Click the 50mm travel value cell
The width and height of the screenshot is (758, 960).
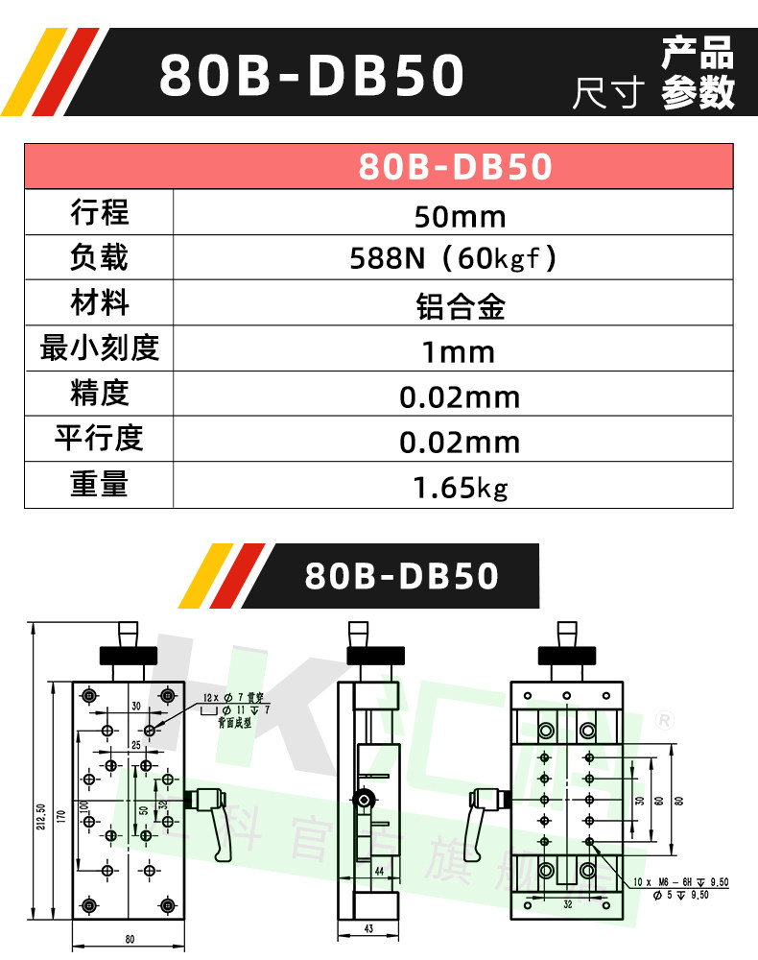coord(460,215)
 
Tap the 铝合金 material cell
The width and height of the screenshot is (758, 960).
coord(460,305)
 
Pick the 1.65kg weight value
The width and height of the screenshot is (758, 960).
coord(460,488)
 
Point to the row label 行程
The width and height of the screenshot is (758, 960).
coord(99,212)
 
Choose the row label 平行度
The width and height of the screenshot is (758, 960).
coord(99,438)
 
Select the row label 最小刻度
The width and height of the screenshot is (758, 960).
coord(99,348)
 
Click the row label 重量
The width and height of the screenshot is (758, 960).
coord(99,484)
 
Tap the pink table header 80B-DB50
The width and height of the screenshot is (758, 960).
coord(456,167)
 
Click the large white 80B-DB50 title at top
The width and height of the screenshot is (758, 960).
coord(311,76)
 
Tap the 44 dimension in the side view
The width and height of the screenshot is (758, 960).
coord(379,870)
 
